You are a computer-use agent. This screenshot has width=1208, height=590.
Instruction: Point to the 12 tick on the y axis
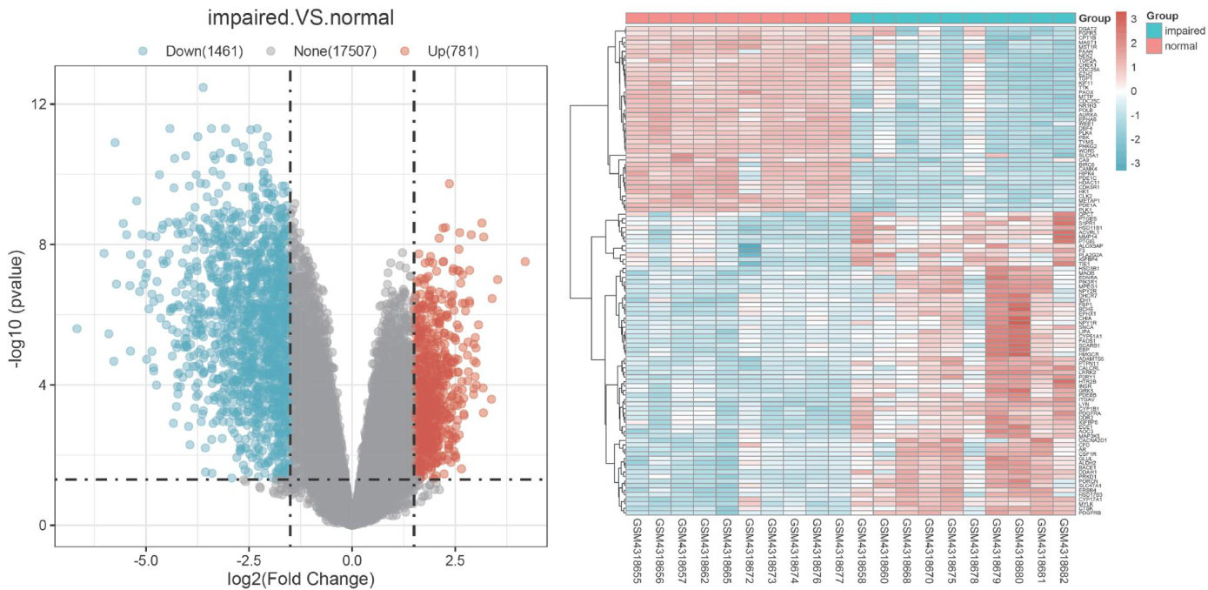(37, 104)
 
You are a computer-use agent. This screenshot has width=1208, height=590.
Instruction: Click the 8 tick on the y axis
(41, 245)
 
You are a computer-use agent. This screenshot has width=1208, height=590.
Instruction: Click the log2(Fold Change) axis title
(300, 579)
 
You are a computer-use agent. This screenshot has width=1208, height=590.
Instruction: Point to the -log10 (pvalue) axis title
(17, 296)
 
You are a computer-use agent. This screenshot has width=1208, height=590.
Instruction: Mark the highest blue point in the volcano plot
(203, 87)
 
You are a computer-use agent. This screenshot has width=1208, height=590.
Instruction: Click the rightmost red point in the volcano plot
(524, 261)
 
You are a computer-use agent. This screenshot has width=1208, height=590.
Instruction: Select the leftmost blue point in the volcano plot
(77, 328)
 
